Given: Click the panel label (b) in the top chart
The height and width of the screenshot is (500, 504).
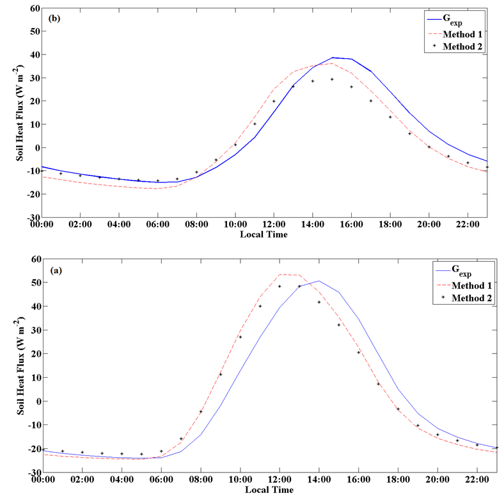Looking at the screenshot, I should tap(55, 17).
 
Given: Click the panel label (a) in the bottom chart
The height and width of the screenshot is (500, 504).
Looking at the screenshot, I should tap(56, 270).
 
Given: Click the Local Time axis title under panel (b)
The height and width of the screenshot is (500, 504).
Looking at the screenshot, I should tap(264, 234).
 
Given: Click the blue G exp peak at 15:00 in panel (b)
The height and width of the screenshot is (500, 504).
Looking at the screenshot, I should tap(333, 58).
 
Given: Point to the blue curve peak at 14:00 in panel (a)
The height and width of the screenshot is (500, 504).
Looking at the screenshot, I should tap(319, 281).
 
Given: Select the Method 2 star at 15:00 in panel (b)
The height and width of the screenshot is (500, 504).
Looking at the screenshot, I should tap(332, 79).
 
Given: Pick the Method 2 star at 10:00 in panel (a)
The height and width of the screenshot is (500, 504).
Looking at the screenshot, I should tap(240, 337).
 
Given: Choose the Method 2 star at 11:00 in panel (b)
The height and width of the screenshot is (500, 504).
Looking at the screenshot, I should tap(255, 124).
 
